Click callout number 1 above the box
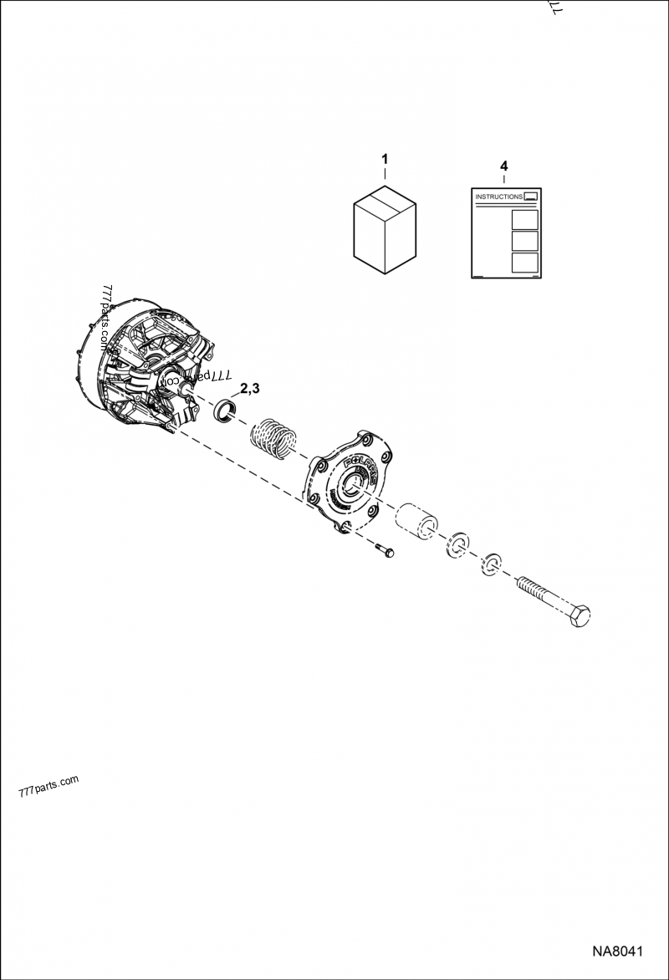(x=385, y=158)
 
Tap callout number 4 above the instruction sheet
(x=503, y=166)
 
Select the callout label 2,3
(x=250, y=388)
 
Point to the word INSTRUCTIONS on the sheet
(x=498, y=197)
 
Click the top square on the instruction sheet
(x=524, y=220)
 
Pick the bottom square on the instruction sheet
(x=524, y=263)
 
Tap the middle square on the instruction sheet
(x=524, y=242)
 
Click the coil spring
(x=274, y=436)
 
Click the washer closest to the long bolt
(x=491, y=566)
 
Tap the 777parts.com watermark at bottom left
(x=48, y=786)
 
